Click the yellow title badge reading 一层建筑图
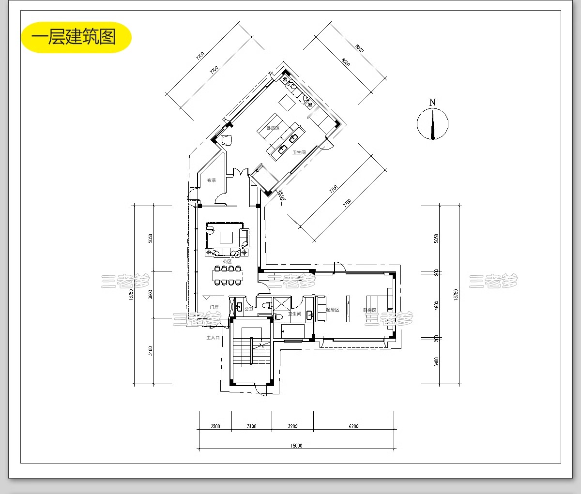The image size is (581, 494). [76, 37]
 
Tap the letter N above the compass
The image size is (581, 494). [432, 102]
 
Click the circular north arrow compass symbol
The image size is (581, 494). [432, 124]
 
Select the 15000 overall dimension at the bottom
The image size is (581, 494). [296, 446]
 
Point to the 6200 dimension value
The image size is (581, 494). [353, 426]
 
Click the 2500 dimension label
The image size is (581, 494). [215, 426]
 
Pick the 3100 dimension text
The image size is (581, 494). [251, 426]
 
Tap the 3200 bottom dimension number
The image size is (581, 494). [292, 426]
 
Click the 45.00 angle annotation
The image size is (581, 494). [281, 195]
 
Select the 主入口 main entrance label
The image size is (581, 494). [213, 338]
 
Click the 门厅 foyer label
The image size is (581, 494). [214, 307]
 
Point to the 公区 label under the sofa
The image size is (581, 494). [227, 261]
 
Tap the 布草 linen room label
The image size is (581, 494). [212, 180]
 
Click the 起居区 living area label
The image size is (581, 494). [333, 310]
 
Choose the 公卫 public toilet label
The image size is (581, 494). [249, 309]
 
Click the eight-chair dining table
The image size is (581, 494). [228, 275]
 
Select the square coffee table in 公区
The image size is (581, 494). [226, 237]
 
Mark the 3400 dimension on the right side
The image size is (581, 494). [436, 362]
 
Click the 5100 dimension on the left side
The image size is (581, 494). [151, 351]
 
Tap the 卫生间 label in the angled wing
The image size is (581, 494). [299, 152]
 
